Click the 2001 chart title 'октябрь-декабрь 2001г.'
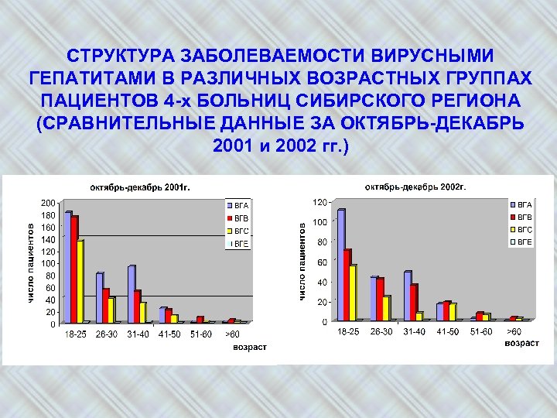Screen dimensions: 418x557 [x=140, y=187]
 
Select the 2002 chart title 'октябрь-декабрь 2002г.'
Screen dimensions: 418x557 [x=416, y=187]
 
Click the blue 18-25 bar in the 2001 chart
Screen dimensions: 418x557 [x=68, y=267]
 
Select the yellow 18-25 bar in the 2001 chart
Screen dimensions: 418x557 [x=80, y=282]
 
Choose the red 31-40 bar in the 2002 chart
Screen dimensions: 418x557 [x=414, y=302]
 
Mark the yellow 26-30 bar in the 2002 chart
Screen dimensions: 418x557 [x=386, y=307]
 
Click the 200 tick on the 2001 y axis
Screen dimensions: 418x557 [x=48, y=203]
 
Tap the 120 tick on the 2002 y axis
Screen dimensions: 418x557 [x=319, y=202]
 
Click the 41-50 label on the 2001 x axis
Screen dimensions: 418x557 [x=170, y=334]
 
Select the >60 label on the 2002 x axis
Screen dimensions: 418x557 [x=514, y=332]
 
